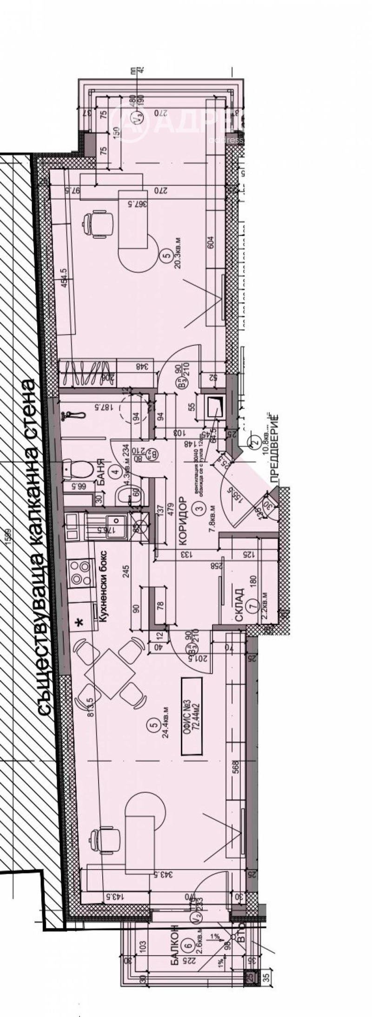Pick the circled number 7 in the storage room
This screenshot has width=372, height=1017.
pos(252,606)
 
